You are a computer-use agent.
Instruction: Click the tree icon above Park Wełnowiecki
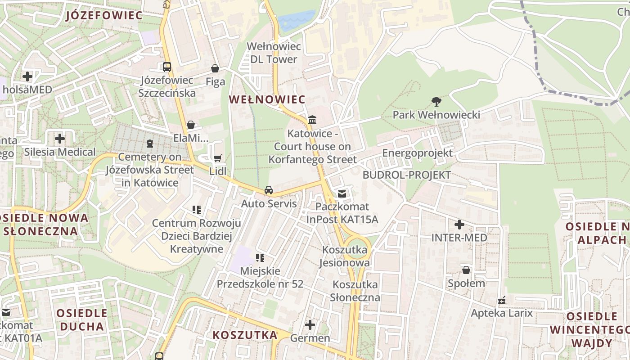coord(436,101)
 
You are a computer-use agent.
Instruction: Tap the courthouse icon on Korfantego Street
coord(312,120)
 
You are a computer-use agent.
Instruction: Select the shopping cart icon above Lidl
coord(218,158)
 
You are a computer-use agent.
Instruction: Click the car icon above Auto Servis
coord(269,190)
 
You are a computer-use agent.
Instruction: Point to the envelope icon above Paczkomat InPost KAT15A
coord(342,193)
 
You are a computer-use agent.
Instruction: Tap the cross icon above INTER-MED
coord(459,224)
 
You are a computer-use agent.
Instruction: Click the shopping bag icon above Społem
coord(466,270)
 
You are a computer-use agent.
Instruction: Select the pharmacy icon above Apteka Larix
coord(502,300)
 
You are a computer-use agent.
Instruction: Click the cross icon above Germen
coord(310,324)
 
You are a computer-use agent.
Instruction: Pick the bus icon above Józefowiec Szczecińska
coord(167,67)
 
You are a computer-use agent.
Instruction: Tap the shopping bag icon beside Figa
coord(215,68)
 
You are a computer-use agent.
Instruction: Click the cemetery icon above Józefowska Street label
coord(149,144)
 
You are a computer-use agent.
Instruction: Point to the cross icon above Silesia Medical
coord(60,139)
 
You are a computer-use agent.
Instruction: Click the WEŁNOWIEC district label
coord(267,99)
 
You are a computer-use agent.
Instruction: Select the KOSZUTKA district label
coord(245,335)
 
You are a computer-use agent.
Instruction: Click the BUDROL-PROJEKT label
coord(406,175)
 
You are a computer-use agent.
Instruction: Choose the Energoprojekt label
coord(417,153)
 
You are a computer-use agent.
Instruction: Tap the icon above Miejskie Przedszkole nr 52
coord(260,258)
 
